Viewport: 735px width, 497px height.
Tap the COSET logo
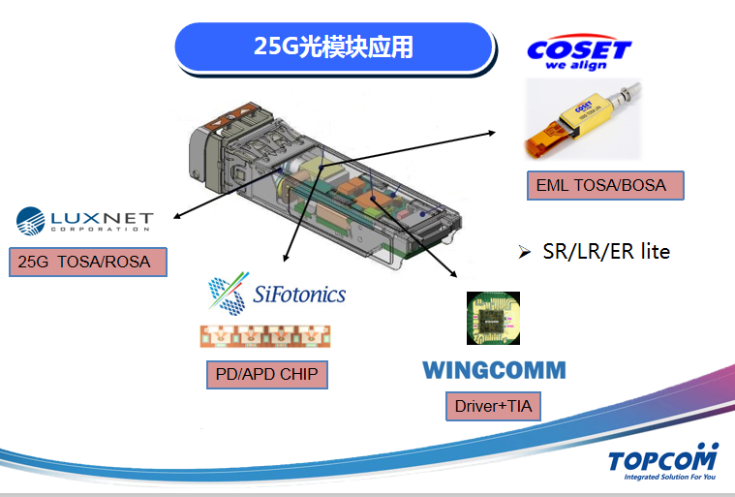(x=578, y=48)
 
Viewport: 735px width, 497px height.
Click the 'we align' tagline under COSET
(x=577, y=67)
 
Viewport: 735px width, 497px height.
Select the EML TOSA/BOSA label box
(x=605, y=184)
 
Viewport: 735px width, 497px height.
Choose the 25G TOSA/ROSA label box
(x=87, y=262)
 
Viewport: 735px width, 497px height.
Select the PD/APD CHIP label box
(x=266, y=374)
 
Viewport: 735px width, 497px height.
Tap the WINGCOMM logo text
(x=494, y=370)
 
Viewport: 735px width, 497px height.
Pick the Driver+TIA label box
(x=493, y=406)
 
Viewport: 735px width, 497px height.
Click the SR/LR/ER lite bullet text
(x=606, y=252)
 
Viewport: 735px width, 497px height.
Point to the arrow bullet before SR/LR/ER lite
(x=525, y=253)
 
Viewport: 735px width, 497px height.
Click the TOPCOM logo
(x=663, y=458)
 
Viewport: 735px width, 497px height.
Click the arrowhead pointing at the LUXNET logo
(x=176, y=215)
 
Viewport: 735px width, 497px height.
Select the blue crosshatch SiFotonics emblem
(x=228, y=294)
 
